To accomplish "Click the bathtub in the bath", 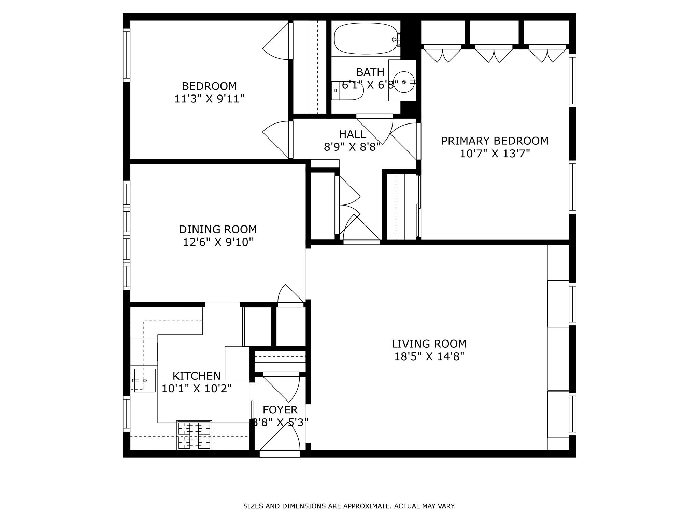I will click(366, 39).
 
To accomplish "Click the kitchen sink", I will click(145, 380).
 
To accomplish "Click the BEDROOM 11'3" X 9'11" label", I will click(209, 92).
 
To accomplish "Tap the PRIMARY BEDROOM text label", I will click(495, 141).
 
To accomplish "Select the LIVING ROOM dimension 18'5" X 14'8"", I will click(429, 356).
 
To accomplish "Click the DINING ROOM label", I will click(218, 229).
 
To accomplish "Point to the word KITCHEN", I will click(196, 376).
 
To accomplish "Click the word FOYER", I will click(280, 409).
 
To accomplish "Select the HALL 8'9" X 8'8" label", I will click(352, 140).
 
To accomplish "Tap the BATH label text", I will click(370, 72).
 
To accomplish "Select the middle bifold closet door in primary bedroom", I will click(494, 55).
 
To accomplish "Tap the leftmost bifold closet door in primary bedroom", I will click(442, 55).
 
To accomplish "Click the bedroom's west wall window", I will click(127, 55).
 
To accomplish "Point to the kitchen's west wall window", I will click(127, 413).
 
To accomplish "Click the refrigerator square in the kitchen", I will click(237, 363).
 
